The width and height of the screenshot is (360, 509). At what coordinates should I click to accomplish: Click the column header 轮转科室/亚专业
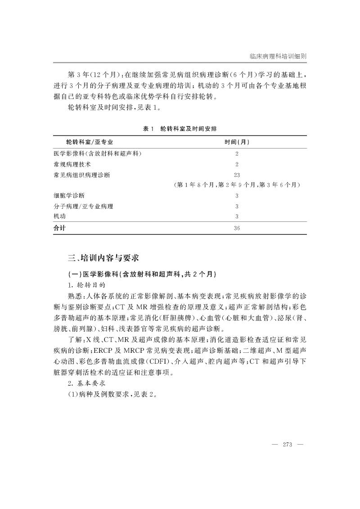pyautogui.click(x=86, y=142)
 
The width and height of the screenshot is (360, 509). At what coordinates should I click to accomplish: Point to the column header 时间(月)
pyautogui.click(x=237, y=142)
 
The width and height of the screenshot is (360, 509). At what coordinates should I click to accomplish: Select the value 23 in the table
pyautogui.click(x=237, y=175)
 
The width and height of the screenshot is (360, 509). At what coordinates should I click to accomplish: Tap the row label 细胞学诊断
pyautogui.click(x=69, y=196)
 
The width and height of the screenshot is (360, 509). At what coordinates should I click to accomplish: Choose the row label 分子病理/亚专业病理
pyautogui.click(x=83, y=207)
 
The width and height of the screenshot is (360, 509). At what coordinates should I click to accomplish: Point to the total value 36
pyautogui.click(x=237, y=228)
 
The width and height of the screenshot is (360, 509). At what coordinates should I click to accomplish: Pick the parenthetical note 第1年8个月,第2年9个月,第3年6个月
pyautogui.click(x=237, y=185)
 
